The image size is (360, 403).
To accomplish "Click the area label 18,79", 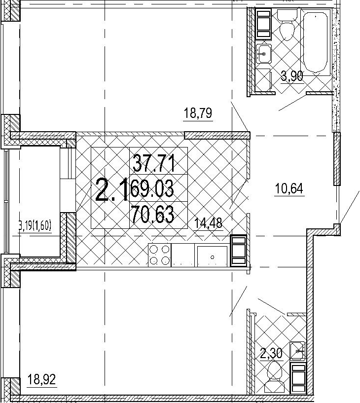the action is coord(198,113).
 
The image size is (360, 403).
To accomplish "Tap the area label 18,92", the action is coord(41,379).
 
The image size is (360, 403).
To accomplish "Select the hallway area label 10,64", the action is coord(289,189).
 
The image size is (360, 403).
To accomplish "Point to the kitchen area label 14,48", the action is coord(208,223).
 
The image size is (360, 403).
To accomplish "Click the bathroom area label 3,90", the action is coord(292,76).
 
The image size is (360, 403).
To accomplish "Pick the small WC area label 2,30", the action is coord(271,354).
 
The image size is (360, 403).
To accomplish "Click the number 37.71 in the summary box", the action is coord(154,163).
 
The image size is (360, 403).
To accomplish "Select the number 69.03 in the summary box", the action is coord(152,189).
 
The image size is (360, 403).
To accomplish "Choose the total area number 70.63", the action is coord(153,215).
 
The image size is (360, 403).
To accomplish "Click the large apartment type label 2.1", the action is coord(111,190).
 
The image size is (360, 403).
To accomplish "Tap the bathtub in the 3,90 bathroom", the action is coord(315,42).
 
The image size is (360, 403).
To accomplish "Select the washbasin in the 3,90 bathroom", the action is coord(263,53).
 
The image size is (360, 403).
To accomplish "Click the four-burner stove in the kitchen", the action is coord(159,255).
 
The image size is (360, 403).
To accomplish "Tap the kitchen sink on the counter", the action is coord(212,256).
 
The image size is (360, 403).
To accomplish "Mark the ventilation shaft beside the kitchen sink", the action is coord(238,251).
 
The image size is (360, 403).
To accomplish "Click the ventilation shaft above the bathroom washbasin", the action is coord(263,23).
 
